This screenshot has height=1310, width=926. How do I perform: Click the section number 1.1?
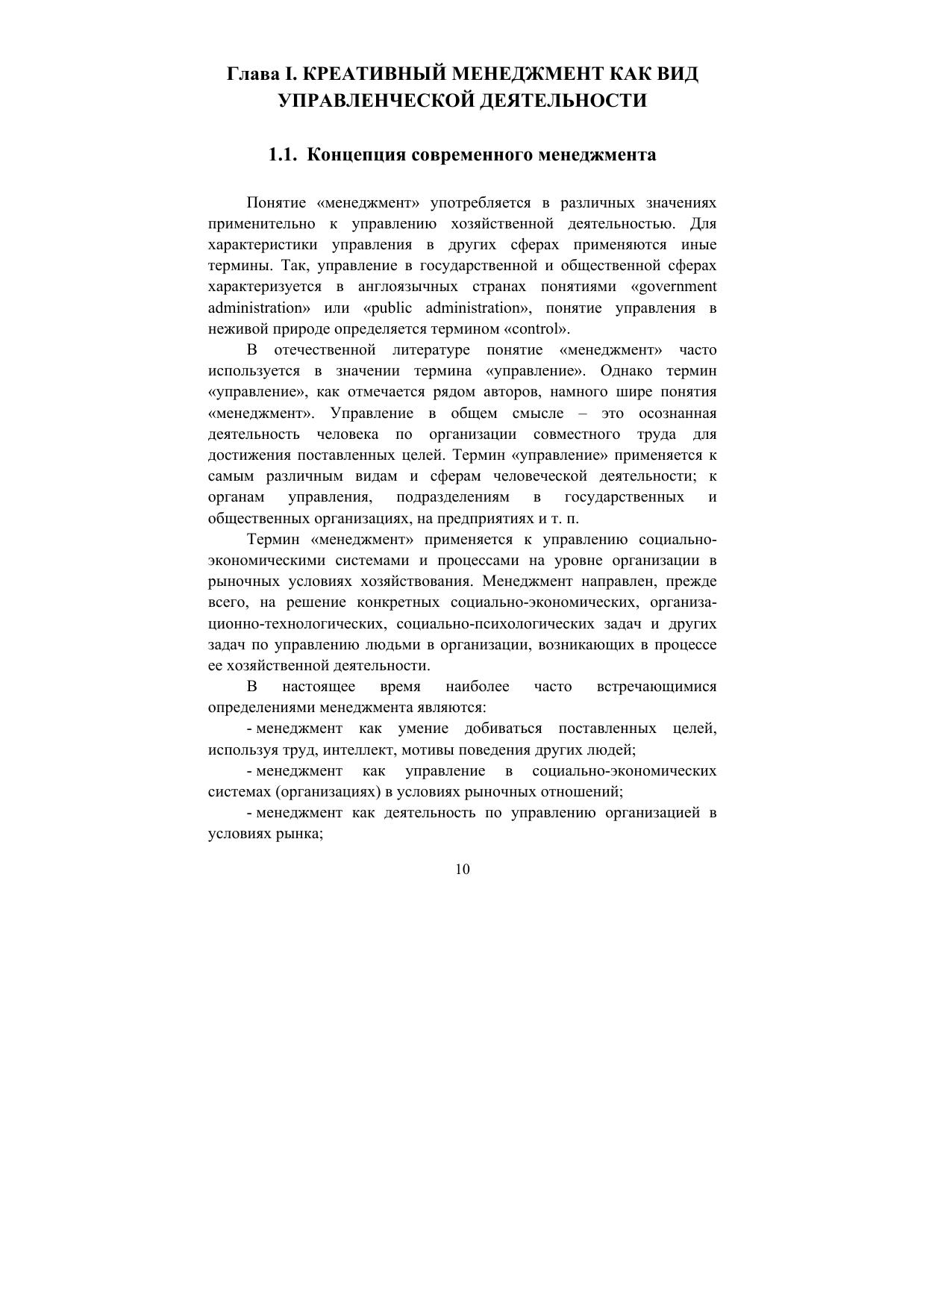tap(284, 155)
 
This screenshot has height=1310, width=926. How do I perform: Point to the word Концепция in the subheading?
tap(356, 155)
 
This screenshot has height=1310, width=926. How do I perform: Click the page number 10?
tap(463, 869)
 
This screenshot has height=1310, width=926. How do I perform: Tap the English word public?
tap(392, 308)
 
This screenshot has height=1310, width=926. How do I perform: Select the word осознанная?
tap(678, 414)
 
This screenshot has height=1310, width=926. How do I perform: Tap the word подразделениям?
tap(453, 497)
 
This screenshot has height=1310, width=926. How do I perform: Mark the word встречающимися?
tap(657, 687)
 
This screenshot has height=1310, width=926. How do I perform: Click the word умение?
tap(422, 729)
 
